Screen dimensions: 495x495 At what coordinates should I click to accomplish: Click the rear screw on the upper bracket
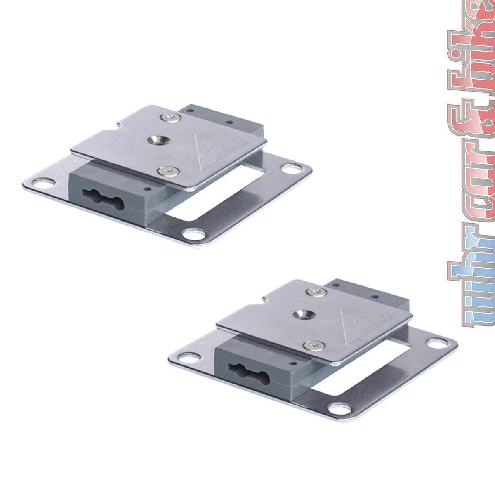click(x=171, y=118)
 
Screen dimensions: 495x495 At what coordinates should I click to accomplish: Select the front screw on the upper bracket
click(x=168, y=170)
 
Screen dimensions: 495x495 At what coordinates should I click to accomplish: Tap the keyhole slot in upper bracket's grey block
click(x=103, y=200)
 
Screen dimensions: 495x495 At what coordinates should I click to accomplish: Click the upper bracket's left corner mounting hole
click(x=44, y=183)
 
